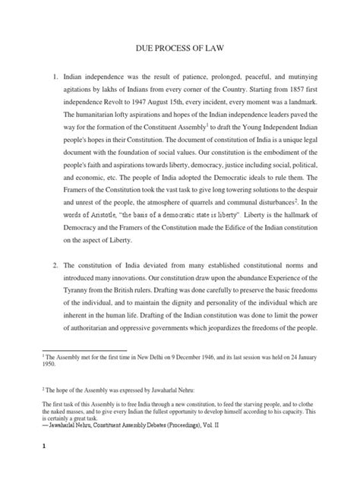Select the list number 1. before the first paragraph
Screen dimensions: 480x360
55,77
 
